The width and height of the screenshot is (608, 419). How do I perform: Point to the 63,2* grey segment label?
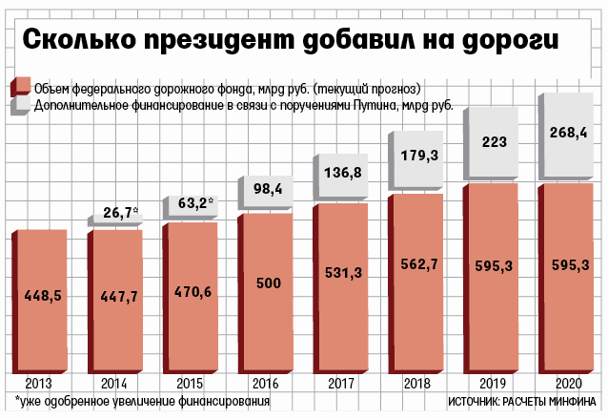[x=195, y=202]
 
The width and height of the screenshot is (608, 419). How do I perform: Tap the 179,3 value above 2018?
[x=421, y=154]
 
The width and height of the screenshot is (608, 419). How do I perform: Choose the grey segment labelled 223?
[x=495, y=139]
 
